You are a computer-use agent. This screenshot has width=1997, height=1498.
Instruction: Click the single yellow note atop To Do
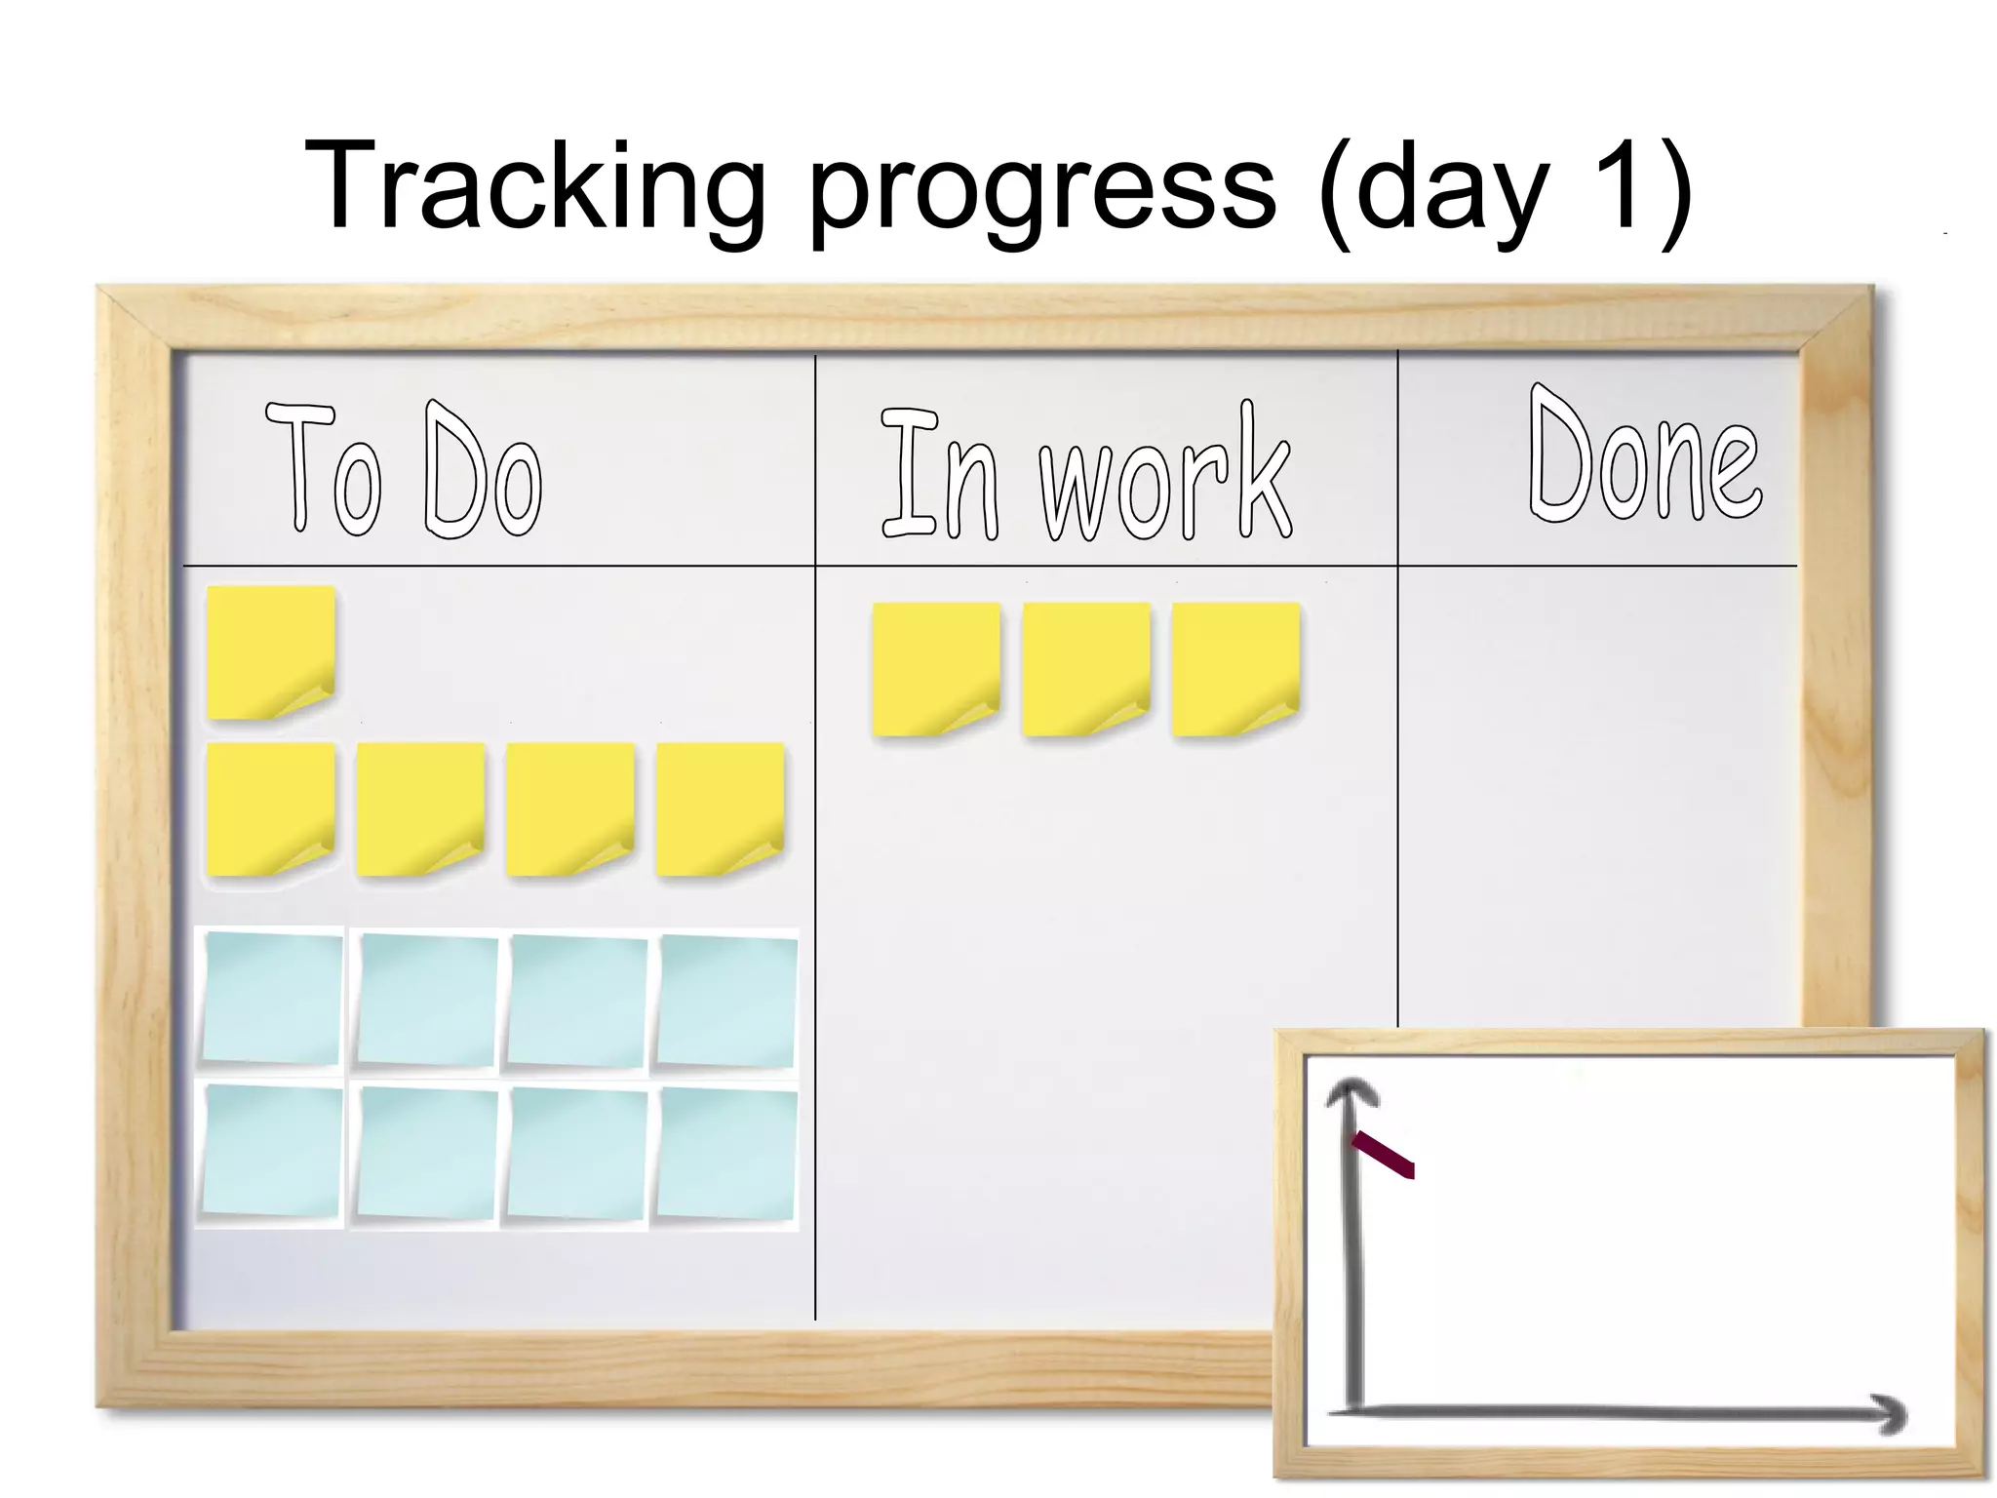pyautogui.click(x=271, y=651)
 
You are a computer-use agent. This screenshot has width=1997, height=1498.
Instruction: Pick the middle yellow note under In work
pyautogui.click(x=1086, y=668)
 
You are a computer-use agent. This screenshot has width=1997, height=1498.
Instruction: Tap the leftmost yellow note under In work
pyautogui.click(x=936, y=668)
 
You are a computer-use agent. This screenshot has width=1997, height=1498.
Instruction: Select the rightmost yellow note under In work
pyautogui.click(x=1235, y=668)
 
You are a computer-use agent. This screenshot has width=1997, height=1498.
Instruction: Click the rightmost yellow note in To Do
pyautogui.click(x=720, y=808)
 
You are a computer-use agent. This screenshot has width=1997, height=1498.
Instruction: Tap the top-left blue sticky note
pyautogui.click(x=272, y=998)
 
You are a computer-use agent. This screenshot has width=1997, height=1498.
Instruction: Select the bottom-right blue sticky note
pyautogui.click(x=726, y=1154)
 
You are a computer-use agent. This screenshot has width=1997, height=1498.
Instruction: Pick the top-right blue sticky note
pyautogui.click(x=726, y=1001)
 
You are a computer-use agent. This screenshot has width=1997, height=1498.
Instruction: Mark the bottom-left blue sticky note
pyautogui.click(x=272, y=1151)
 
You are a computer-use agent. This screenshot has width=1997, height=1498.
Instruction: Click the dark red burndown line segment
pyautogui.click(x=1384, y=1155)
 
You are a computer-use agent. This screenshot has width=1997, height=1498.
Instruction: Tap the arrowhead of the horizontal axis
pyautogui.click(x=1889, y=1413)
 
